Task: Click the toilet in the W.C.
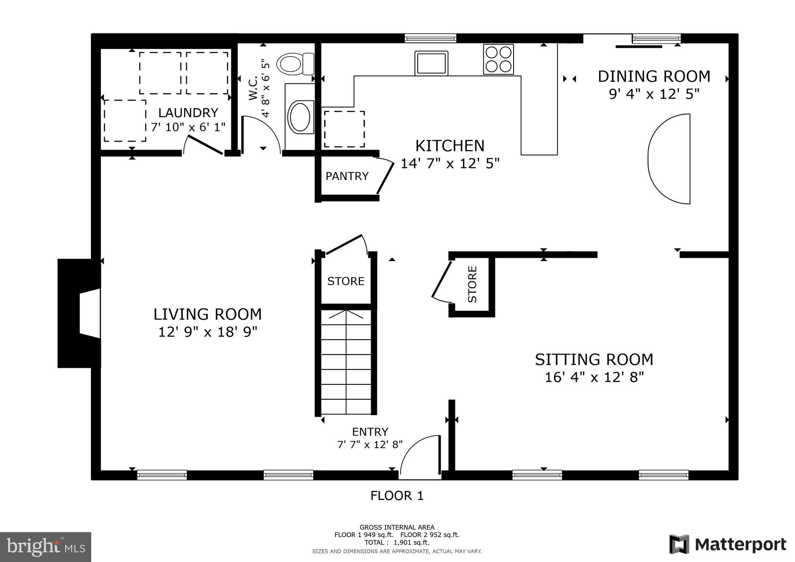coord(295,64)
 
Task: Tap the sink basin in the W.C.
coord(300,117)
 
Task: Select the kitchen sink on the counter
coord(431,63)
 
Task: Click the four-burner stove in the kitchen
coord(498,59)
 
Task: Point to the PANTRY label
coord(347,176)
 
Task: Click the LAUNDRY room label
coord(188,113)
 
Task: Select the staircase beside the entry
coord(345,361)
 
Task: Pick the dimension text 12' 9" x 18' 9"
coord(208,332)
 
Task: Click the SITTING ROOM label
coord(594,360)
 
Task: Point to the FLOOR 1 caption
coord(397,496)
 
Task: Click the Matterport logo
coord(728,545)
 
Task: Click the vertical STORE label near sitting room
coord(472,284)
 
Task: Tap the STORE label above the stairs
coord(345,281)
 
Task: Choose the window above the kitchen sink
coord(430,38)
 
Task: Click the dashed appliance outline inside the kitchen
coord(344,129)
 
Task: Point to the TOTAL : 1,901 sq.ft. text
coord(397,543)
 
